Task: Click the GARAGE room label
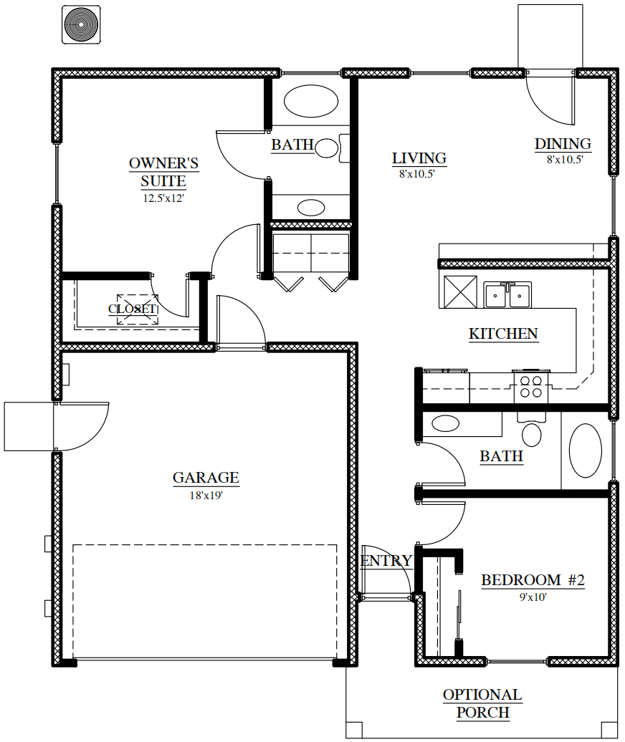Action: click(x=206, y=478)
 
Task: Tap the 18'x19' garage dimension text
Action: click(x=206, y=496)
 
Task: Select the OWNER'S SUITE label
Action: click(x=164, y=172)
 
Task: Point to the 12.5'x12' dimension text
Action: click(x=163, y=198)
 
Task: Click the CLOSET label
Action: click(x=133, y=309)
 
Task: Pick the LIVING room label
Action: click(x=419, y=158)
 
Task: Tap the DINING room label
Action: click(x=563, y=144)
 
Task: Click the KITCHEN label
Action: click(x=503, y=334)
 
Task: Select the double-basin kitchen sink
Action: click(x=507, y=294)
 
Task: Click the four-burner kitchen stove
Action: click(x=531, y=387)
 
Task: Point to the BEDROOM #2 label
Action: click(x=533, y=580)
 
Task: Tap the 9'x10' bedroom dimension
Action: click(x=533, y=597)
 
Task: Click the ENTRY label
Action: click(x=386, y=561)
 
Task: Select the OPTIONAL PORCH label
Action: click(x=482, y=703)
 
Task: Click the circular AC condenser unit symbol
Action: click(x=81, y=24)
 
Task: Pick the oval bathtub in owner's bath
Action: click(x=311, y=101)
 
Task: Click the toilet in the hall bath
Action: click(x=532, y=429)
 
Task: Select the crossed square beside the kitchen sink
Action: click(x=460, y=292)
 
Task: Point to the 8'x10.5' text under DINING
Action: click(x=565, y=160)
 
